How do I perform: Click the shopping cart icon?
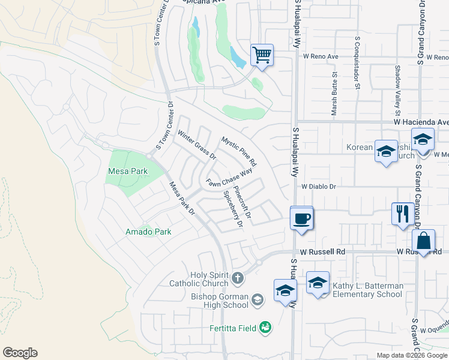[x=262, y=55]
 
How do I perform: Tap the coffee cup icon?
[x=301, y=217]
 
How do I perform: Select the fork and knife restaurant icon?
[x=401, y=213]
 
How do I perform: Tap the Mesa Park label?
[x=127, y=171]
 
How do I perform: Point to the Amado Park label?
[x=148, y=232]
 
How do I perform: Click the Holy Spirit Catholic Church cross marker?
[x=238, y=278]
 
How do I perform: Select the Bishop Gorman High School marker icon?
[x=257, y=299]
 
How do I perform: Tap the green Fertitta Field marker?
[x=265, y=327]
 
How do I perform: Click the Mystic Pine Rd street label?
[x=239, y=151]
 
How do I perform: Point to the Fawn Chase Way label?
[x=229, y=178]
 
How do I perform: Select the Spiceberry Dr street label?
[x=233, y=209]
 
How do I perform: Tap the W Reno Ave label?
[x=321, y=56]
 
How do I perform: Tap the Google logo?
[x=20, y=353]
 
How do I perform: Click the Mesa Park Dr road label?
[x=182, y=198]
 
